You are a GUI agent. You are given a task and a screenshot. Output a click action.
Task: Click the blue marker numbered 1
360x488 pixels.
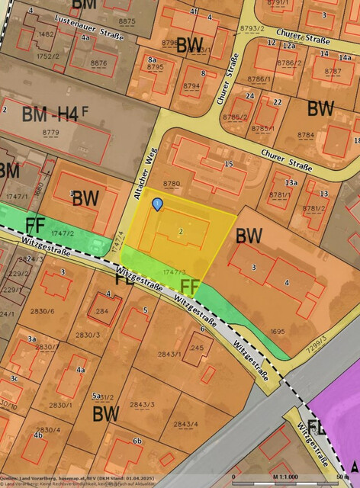click(157, 204)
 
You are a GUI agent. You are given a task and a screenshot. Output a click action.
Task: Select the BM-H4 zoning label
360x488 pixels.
click(50, 115)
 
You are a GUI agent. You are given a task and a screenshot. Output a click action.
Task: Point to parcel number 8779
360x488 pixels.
click(51, 133)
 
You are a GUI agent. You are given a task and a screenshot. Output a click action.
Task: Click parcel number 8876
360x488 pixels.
click(98, 63)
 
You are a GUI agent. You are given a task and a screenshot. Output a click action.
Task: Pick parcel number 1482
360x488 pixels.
click(47, 34)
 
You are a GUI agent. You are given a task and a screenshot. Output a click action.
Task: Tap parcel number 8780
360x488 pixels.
click(172, 184)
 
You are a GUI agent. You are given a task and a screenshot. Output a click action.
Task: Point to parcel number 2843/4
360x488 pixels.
click(185, 424)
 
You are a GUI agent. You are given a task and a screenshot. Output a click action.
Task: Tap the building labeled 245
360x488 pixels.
click(197, 347)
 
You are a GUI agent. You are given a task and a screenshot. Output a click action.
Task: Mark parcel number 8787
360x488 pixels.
click(333, 71)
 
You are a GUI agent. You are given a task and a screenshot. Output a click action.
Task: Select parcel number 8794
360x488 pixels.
click(191, 86)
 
